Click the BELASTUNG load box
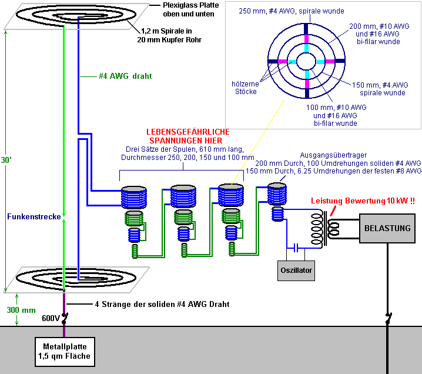click(387, 228)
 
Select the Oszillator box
click(296, 271)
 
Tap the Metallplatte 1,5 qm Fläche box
click(65, 352)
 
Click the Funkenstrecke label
click(34, 217)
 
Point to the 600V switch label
click(51, 318)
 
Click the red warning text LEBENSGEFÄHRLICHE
click(188, 132)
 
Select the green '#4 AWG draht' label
click(125, 76)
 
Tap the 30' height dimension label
click(6, 160)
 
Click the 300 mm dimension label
click(21, 310)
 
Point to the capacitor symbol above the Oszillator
click(296, 248)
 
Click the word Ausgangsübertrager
click(333, 155)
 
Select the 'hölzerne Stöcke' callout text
click(246, 88)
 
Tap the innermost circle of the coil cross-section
click(306, 53)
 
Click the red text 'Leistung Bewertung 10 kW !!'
click(363, 201)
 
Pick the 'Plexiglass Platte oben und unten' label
click(190, 9)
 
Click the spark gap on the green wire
click(64, 218)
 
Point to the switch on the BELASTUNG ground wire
click(388, 318)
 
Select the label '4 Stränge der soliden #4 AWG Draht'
click(162, 304)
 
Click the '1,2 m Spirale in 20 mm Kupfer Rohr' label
click(169, 35)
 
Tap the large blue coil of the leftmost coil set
click(134, 198)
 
